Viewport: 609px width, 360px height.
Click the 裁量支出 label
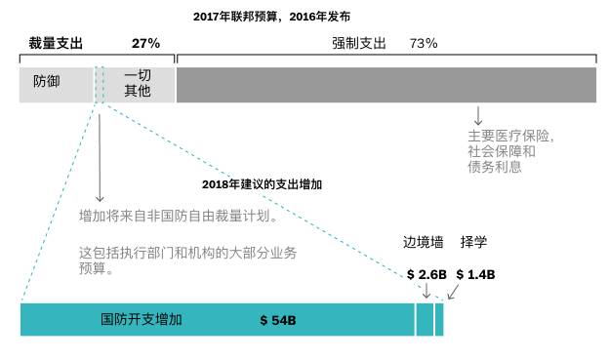(56, 44)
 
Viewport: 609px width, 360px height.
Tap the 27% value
(145, 44)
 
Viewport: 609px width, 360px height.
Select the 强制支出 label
(359, 44)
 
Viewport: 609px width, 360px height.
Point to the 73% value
(423, 44)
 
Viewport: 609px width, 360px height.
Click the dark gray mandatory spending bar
(386, 84)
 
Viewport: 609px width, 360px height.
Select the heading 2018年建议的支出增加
(262, 183)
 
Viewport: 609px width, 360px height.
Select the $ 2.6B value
(426, 274)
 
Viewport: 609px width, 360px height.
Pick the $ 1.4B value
(475, 274)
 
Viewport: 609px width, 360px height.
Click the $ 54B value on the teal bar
(278, 320)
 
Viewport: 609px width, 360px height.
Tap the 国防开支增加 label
(142, 319)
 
